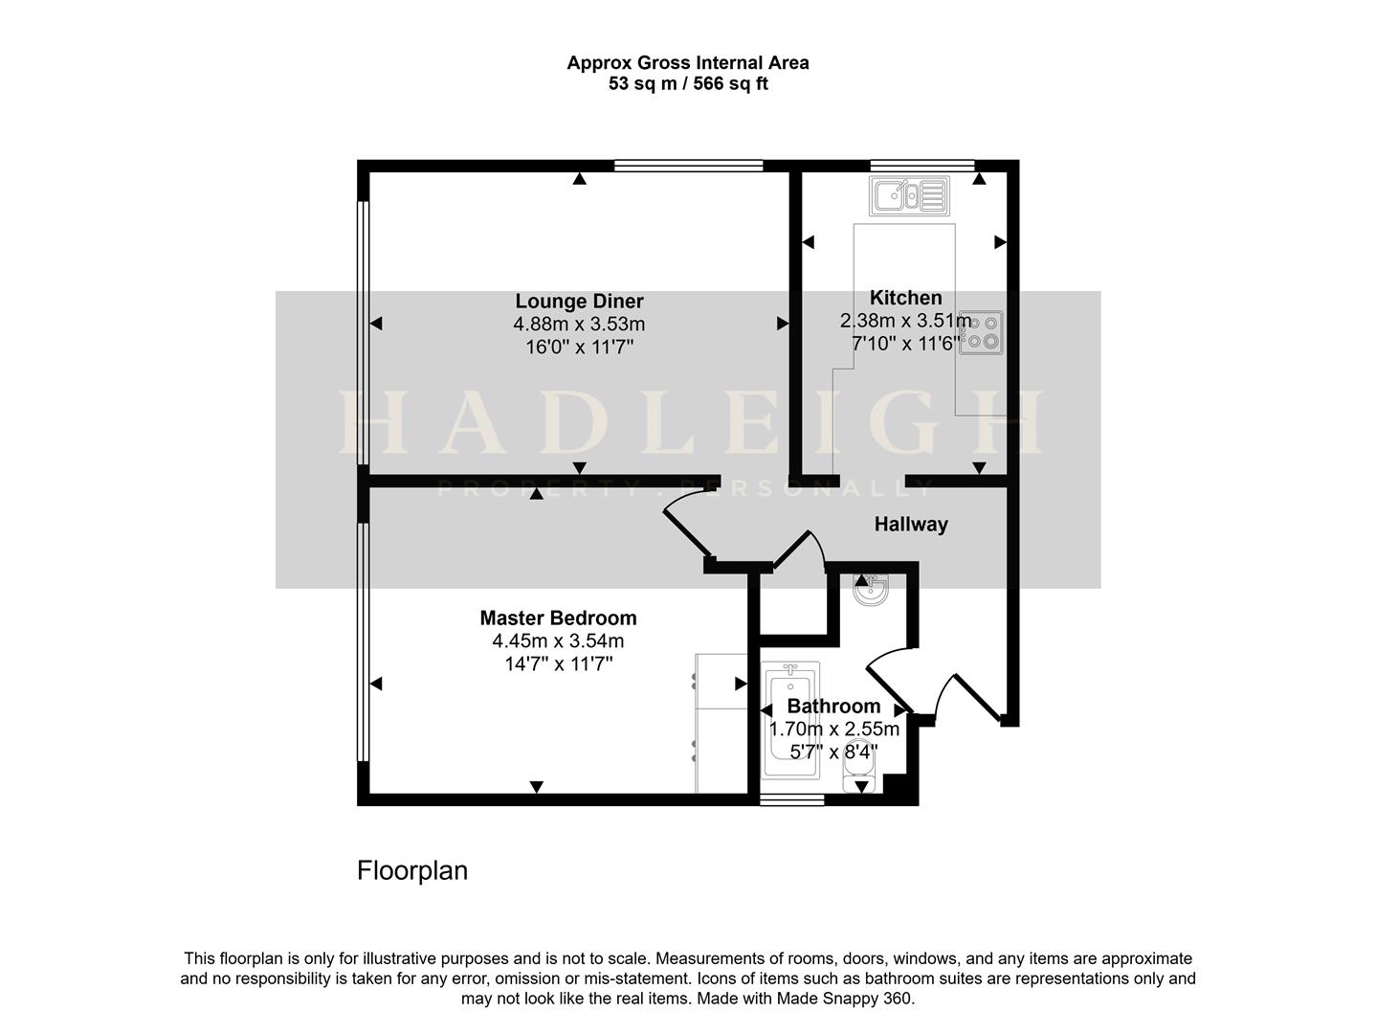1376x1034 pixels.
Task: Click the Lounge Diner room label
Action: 579,302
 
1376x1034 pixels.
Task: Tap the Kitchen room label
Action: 905,298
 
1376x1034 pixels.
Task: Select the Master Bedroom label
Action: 558,618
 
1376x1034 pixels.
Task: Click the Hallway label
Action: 911,525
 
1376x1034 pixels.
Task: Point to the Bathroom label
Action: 833,707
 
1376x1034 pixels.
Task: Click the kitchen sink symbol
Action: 909,196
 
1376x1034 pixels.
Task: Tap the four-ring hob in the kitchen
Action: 982,331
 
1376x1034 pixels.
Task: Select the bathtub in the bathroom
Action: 789,718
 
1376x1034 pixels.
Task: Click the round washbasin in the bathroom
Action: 871,590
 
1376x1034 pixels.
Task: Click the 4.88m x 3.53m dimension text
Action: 579,325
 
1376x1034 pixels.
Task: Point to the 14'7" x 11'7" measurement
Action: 558,663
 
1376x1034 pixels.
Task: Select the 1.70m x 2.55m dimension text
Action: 834,730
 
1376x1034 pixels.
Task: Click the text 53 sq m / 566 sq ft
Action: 688,84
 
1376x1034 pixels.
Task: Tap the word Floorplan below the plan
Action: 412,871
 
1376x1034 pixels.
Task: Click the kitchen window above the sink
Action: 921,166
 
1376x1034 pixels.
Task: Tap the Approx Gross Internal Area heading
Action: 688,63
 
